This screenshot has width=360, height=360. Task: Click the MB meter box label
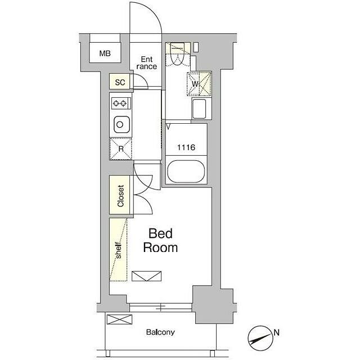pos(105,53)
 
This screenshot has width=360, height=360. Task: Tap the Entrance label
pos(147,63)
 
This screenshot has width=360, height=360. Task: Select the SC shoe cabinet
pos(120,81)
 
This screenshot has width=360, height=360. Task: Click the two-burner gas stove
pos(121,103)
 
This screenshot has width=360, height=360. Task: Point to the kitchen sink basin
pos(121,125)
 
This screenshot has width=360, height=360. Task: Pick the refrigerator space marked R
pos(121,148)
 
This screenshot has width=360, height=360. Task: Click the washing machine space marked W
pos(199,84)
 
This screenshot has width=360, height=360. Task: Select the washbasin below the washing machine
pos(199,109)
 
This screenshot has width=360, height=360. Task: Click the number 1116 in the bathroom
pos(186,147)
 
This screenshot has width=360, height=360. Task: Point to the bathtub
pos(186,172)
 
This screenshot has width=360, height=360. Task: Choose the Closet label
pos(120,196)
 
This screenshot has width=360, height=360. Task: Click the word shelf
pos(118,250)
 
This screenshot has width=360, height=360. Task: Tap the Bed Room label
pos(160,241)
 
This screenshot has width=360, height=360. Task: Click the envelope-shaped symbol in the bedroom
pos(146,276)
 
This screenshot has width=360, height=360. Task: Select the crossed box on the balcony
pos(120,319)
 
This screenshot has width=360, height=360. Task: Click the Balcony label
pos(160,332)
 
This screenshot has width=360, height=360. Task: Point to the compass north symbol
pos(260,338)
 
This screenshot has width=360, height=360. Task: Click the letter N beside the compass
pos(277,332)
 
